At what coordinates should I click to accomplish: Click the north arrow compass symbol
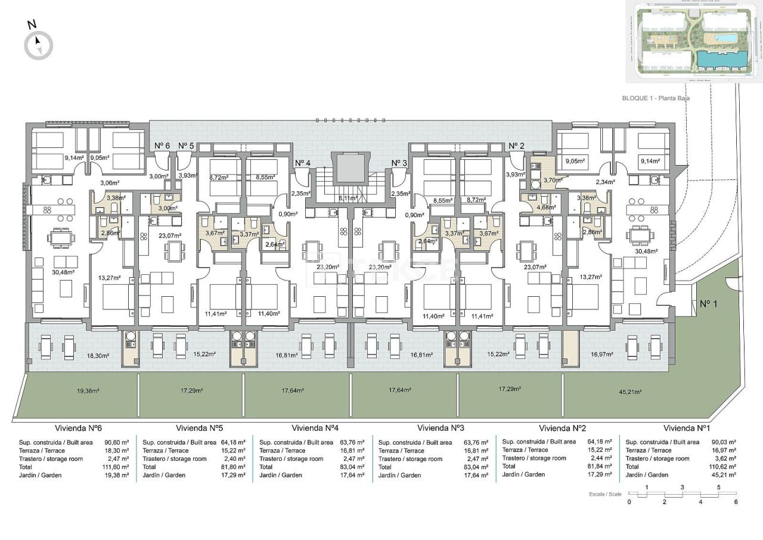coord(39,45)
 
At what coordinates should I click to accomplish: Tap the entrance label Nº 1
coord(708,304)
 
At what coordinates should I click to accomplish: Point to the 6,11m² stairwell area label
coord(348,198)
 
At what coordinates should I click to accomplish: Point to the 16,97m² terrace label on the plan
coord(602,354)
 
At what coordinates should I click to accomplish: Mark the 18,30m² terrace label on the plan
coord(98,356)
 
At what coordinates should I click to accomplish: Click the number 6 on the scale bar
coord(736,502)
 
